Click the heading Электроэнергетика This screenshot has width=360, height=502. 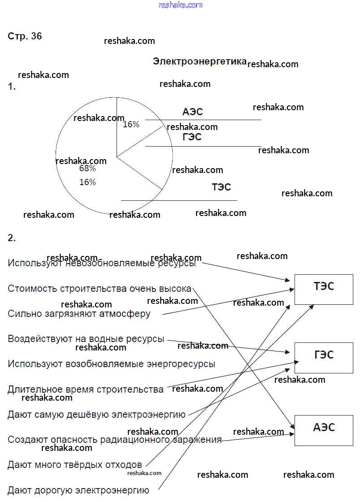click(x=200, y=61)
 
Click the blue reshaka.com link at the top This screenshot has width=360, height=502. click(x=181, y=5)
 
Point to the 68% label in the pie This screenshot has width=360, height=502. click(x=87, y=169)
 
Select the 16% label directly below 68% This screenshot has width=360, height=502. click(x=87, y=182)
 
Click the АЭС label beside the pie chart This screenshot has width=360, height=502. click(x=193, y=112)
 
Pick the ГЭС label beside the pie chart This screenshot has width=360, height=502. click(x=192, y=137)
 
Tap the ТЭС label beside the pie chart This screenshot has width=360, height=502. click(x=221, y=187)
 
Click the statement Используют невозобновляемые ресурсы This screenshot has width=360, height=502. click(x=102, y=264)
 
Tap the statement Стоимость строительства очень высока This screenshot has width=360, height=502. click(x=100, y=289)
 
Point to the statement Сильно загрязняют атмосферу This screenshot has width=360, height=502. click(x=79, y=314)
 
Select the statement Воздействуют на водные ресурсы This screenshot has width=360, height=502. click(x=86, y=339)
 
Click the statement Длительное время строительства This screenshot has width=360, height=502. click(x=85, y=389)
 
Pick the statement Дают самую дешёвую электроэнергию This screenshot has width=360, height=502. click(x=96, y=415)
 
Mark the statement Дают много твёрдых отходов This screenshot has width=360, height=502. click(x=74, y=465)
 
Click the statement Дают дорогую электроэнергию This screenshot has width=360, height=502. click(x=78, y=490)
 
